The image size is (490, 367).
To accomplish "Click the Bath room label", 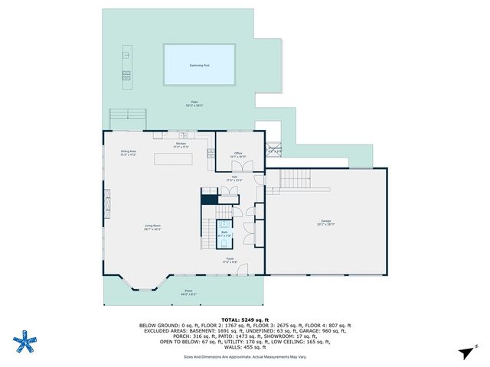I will pos(224,232).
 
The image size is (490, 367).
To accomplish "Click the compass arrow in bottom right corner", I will pos(465,351).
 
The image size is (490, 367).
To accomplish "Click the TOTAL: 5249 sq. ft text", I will pos(244,319).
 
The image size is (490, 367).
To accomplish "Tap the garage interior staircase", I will pos(296,180).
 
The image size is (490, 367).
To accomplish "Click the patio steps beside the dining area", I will pos(127,118).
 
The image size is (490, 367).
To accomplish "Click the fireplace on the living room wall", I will pos(107,205).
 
